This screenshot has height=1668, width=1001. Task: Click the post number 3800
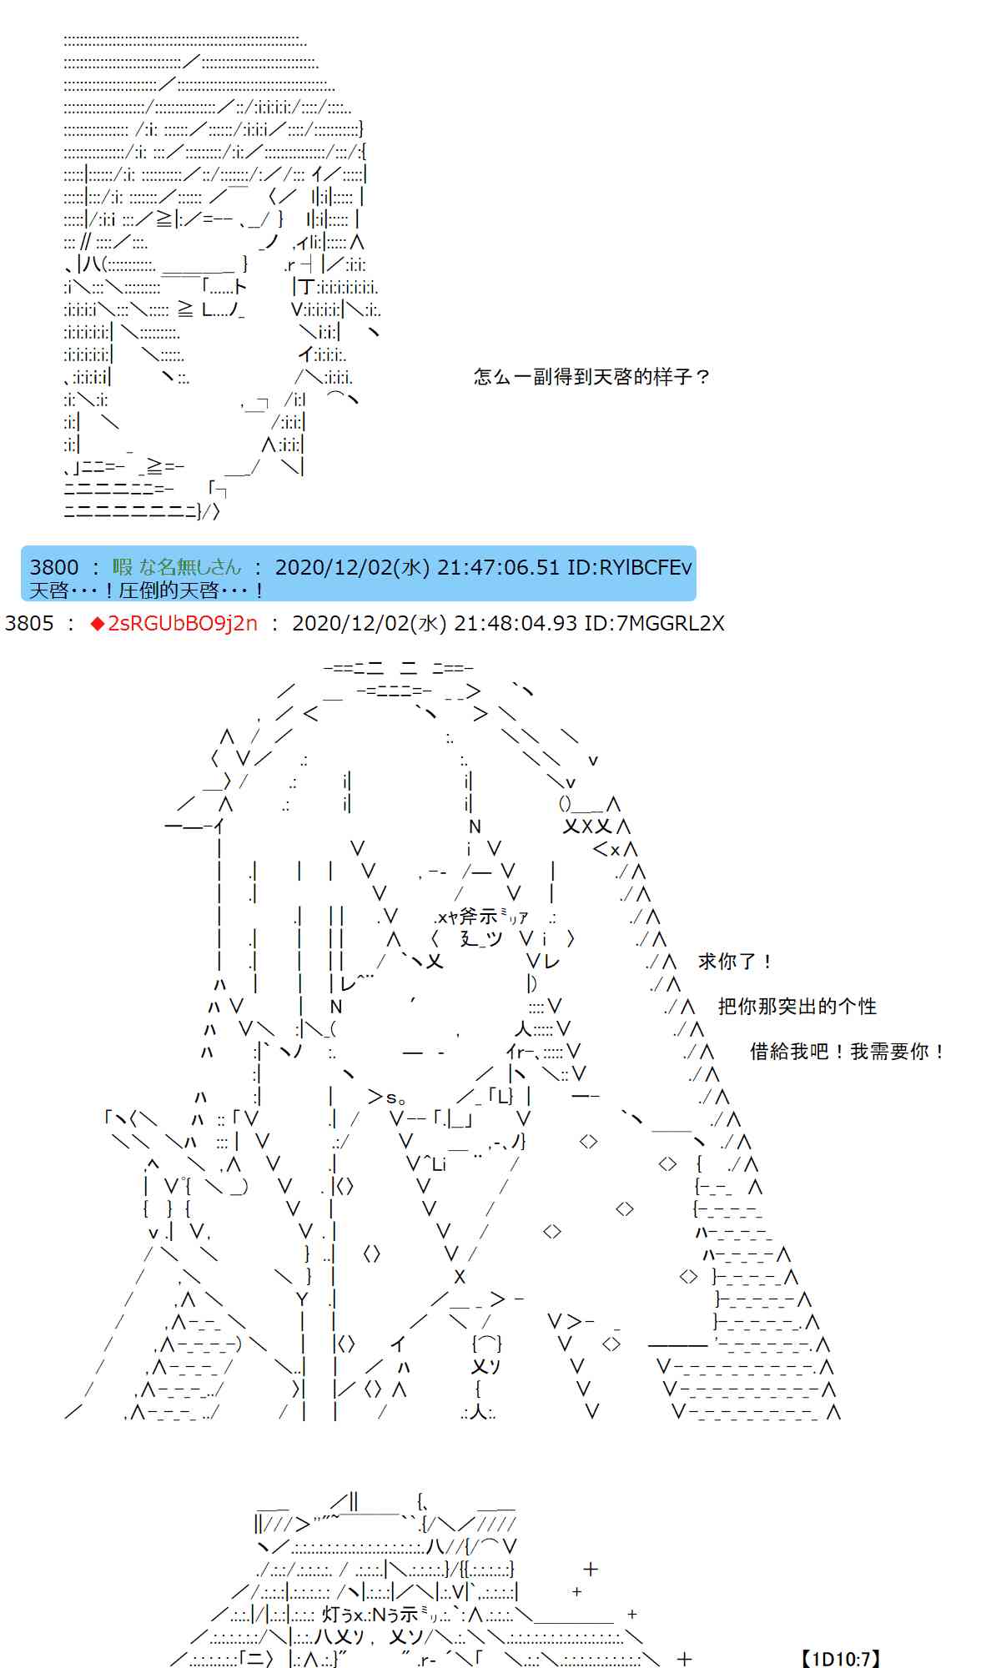pyautogui.click(x=54, y=567)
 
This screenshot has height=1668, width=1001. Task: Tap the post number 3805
pyautogui.click(x=29, y=623)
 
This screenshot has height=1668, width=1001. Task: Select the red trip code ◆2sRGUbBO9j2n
pyautogui.click(x=174, y=623)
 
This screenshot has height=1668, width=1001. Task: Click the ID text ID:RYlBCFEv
pyautogui.click(x=630, y=567)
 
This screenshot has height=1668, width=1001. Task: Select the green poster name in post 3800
pyautogui.click(x=177, y=567)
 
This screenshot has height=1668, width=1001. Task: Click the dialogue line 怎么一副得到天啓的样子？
pyautogui.click(x=592, y=377)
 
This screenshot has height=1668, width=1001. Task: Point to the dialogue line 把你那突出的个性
pyautogui.click(x=797, y=1007)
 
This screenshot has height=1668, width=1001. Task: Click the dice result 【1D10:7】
pyautogui.click(x=840, y=1659)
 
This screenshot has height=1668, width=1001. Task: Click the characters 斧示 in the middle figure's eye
pyautogui.click(x=478, y=917)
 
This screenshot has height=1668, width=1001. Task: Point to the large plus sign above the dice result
pyautogui.click(x=591, y=1569)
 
